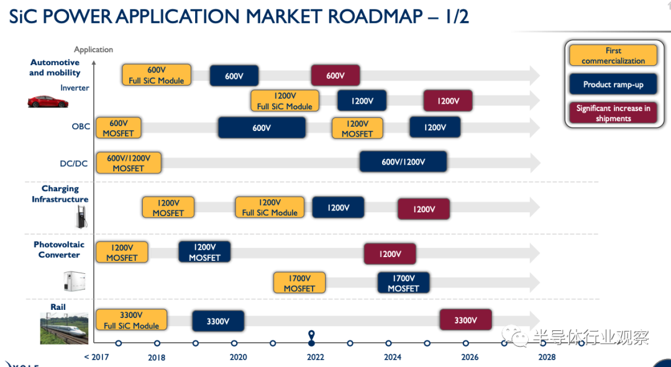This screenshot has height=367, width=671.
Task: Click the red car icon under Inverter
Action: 47,101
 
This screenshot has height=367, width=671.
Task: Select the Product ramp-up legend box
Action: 613,84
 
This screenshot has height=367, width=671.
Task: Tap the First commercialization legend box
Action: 613,55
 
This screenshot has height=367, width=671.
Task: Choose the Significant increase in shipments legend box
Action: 613,113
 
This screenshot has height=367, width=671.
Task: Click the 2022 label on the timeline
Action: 315,357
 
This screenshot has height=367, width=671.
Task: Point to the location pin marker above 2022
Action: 311,337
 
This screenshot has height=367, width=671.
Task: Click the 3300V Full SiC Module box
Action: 131,320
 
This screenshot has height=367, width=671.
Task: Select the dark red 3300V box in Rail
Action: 465,320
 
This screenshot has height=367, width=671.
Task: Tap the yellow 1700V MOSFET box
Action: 299,283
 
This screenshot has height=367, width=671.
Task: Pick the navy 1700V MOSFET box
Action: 403,283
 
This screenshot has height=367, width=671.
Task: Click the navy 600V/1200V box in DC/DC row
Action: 403,162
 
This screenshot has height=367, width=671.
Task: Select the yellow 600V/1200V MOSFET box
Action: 128,163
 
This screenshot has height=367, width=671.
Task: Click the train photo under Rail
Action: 64,328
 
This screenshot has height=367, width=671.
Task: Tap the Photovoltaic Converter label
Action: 59,250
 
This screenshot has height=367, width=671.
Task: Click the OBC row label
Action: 81,127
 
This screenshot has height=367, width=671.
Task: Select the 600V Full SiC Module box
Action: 156,75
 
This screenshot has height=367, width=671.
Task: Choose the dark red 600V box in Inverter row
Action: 335,76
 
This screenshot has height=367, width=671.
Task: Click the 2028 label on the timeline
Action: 547,357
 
